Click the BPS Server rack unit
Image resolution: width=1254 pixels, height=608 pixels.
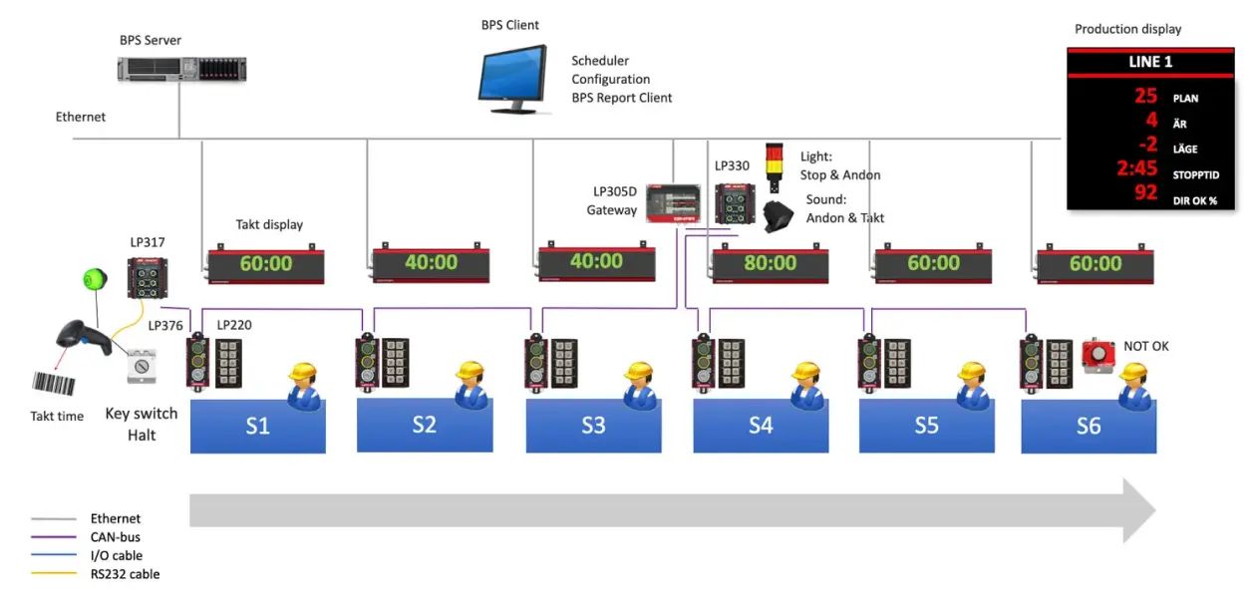click(181, 69)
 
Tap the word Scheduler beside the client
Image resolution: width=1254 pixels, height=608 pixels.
click(600, 61)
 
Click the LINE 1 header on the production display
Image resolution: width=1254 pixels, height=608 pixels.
click(1149, 62)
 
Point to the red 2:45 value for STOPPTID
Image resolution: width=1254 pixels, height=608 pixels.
click(1136, 167)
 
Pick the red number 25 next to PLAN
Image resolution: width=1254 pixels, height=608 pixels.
click(1145, 97)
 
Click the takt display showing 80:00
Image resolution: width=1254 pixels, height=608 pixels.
click(769, 263)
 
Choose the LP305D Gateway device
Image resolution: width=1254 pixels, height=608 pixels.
click(673, 202)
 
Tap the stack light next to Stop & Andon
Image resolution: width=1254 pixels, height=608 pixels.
click(775, 166)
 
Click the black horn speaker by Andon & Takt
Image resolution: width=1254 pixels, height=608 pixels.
click(779, 215)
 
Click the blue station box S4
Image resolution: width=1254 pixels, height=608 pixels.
click(760, 426)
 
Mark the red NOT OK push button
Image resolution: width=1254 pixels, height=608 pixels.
click(1097, 354)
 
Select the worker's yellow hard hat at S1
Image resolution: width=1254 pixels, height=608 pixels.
click(302, 373)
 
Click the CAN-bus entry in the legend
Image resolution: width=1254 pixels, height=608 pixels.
click(116, 537)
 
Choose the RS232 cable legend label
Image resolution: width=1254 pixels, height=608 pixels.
click(125, 574)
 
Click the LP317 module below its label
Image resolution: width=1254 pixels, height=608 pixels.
click(147, 278)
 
